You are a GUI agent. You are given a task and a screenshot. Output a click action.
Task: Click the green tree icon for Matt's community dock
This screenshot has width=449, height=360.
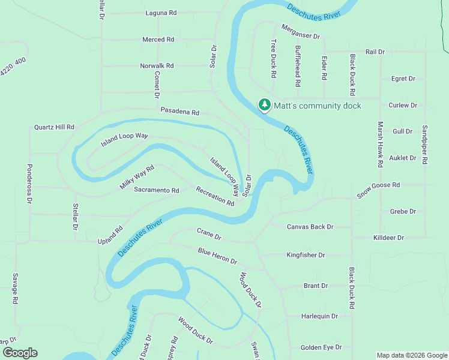pyautogui.click(x=264, y=105)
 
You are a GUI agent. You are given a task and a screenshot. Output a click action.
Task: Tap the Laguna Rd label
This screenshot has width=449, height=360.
pyautogui.click(x=161, y=13)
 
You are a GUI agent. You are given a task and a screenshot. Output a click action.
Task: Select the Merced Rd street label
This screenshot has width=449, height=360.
pyautogui.click(x=158, y=40)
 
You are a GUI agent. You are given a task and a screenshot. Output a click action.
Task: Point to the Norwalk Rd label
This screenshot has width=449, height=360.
pyautogui.click(x=157, y=65)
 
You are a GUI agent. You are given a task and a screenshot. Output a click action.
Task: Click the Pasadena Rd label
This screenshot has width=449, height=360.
pyautogui.click(x=179, y=112)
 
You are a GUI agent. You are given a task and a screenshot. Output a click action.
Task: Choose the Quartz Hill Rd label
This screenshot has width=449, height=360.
pyautogui.click(x=54, y=127)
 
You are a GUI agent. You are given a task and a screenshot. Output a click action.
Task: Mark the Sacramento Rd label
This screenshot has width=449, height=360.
pyautogui.click(x=156, y=190)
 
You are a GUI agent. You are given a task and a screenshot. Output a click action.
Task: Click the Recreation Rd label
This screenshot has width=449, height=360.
pyautogui.click(x=215, y=196)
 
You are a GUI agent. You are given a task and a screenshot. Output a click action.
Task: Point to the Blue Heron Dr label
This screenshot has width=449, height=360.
pyautogui.click(x=218, y=256)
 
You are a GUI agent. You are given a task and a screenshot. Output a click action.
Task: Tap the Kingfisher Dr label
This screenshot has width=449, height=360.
pyautogui.click(x=306, y=255)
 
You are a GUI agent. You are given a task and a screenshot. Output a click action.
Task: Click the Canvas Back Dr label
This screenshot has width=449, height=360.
pyautogui.click(x=310, y=227)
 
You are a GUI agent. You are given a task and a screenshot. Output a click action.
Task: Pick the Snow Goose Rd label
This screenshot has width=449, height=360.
pyautogui.click(x=378, y=190)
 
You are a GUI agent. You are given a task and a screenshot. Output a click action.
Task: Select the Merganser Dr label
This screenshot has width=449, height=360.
pyautogui.click(x=301, y=32)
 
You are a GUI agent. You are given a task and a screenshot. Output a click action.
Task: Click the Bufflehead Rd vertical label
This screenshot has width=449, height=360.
pyautogui.click(x=298, y=63)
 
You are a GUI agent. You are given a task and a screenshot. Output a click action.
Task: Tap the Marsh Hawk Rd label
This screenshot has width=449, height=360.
pyautogui.click(x=380, y=144)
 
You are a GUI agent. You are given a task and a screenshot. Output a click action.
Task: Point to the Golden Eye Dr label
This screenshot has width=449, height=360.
pyautogui.click(x=321, y=347)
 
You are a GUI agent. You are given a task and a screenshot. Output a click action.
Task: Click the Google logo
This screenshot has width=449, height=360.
pyautogui.click(x=19, y=353)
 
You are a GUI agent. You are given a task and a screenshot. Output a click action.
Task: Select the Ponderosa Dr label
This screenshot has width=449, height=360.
pyautogui.click(x=29, y=184)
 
